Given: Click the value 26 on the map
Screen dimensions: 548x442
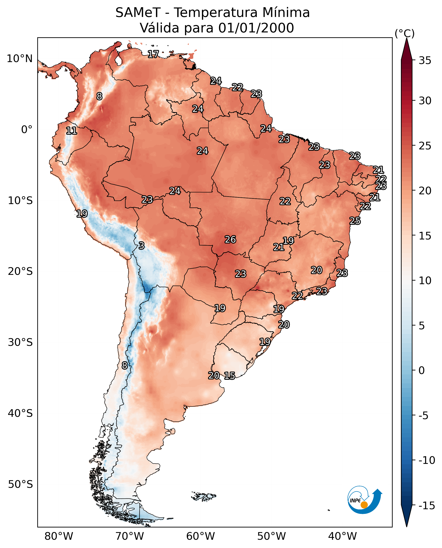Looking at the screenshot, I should pyautogui.click(x=230, y=240).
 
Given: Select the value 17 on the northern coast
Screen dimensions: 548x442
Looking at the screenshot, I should pyautogui.click(x=153, y=54).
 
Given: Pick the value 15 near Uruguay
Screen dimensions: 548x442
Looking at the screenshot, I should pyautogui.click(x=229, y=376).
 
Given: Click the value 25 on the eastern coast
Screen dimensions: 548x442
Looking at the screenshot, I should pyautogui.click(x=355, y=221).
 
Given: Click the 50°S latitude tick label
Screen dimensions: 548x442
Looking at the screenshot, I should pyautogui.click(x=20, y=484).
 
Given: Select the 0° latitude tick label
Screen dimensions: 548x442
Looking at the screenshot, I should pyautogui.click(x=27, y=130).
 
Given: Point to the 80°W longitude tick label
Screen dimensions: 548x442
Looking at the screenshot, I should pyautogui.click(x=59, y=536).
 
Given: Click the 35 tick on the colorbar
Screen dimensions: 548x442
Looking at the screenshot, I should pyautogui.click(x=425, y=61).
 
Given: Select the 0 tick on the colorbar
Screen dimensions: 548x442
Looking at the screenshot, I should pyautogui.click(x=422, y=370).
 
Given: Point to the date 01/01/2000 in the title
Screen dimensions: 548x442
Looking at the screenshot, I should pyautogui.click(x=256, y=28).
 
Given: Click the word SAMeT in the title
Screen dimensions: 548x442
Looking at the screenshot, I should pyautogui.click(x=138, y=13).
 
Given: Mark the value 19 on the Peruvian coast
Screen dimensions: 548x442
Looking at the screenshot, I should pyautogui.click(x=82, y=214).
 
